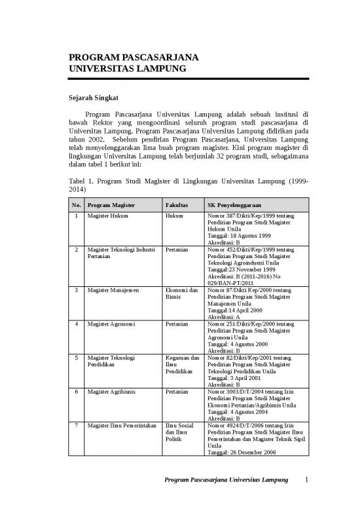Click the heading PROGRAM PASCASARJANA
(124, 57)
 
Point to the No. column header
(77, 205)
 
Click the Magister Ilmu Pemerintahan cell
(121, 426)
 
